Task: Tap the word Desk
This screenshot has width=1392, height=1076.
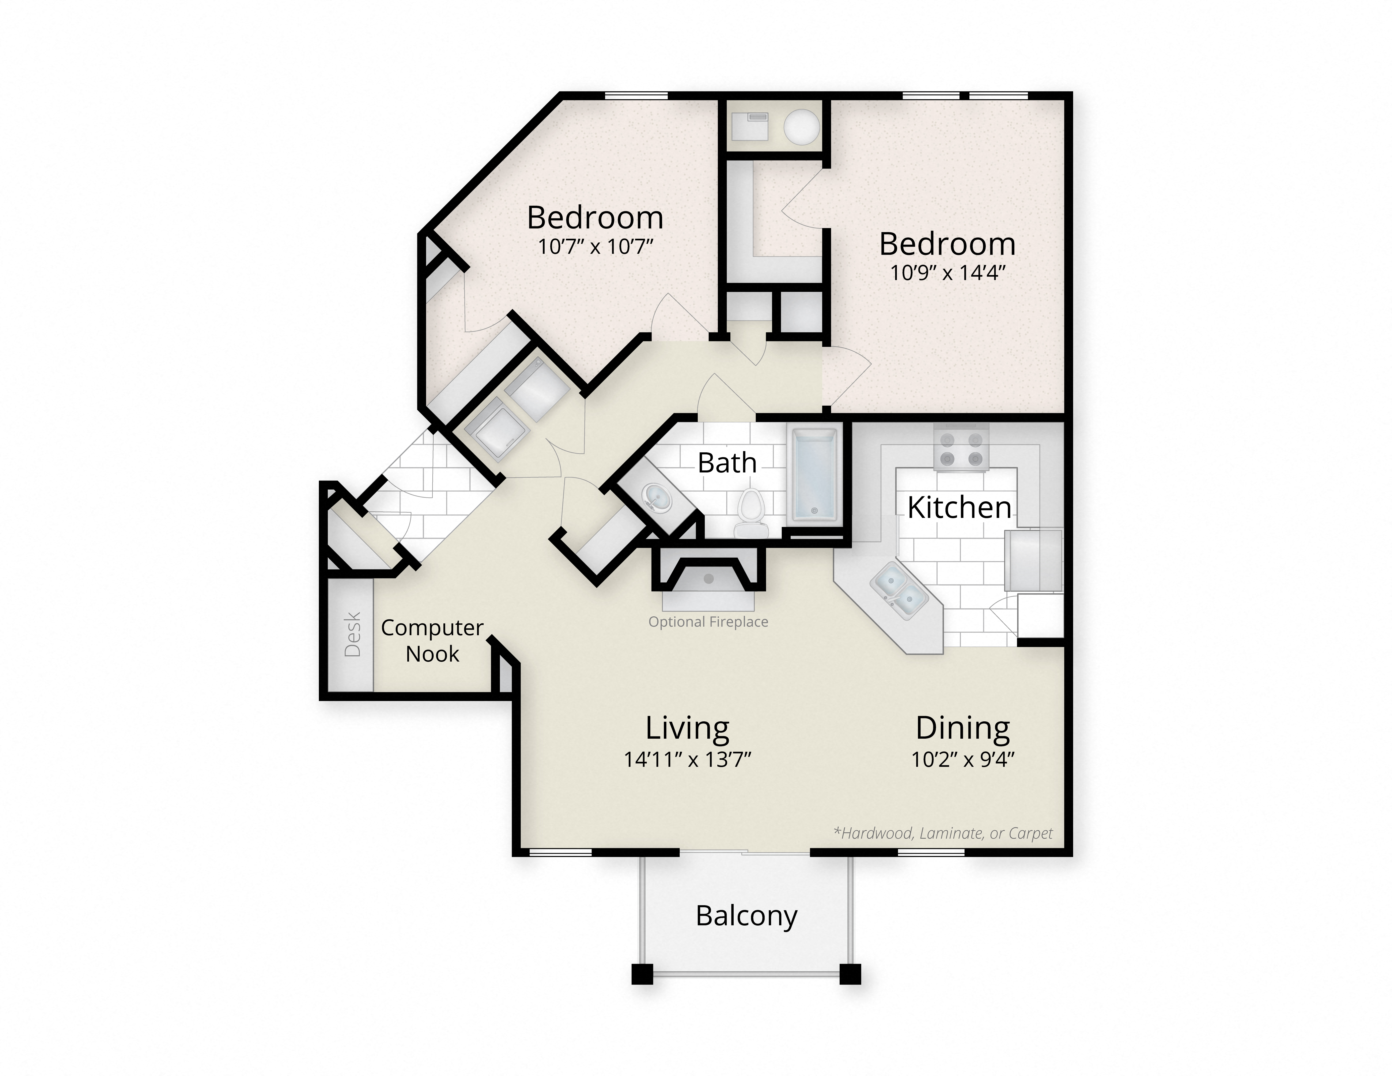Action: [x=353, y=634]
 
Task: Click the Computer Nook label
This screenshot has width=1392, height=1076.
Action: [x=432, y=641]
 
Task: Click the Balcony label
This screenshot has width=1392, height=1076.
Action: [x=746, y=916]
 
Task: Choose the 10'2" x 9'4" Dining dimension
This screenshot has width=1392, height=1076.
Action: [x=962, y=760]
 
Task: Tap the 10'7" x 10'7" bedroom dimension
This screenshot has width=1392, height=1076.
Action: [x=595, y=247]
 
